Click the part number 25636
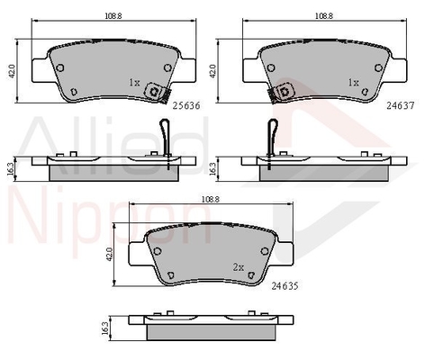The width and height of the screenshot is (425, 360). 186,105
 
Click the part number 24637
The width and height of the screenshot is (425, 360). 401,105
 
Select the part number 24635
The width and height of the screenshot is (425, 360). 285,286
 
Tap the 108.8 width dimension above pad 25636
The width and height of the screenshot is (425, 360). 113,16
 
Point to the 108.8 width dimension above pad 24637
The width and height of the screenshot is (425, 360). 324,16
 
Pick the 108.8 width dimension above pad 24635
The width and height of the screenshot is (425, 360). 211,199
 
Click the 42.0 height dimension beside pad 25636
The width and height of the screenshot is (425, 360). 13,71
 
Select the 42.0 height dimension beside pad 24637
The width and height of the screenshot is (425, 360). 212,71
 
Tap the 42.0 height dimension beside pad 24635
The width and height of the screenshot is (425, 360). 109,255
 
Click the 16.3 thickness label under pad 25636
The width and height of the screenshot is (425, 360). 11,169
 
